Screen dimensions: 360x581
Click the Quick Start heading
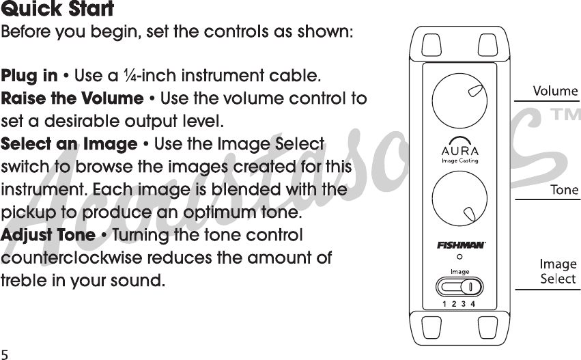[57, 10]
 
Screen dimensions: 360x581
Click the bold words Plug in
[30, 75]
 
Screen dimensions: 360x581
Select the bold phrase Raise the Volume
[72, 98]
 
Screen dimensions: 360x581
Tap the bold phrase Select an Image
[70, 145]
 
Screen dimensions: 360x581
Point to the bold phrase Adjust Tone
[48, 236]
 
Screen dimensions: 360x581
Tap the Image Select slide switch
[459, 286]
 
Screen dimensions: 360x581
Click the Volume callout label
[554, 91]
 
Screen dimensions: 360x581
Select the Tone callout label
[564, 190]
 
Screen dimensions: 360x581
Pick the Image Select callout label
[558, 271]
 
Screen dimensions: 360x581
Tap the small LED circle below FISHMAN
[459, 258]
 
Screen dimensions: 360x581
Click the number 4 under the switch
[472, 304]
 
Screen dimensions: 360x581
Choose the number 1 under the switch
[445, 304]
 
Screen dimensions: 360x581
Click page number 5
[5, 354]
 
